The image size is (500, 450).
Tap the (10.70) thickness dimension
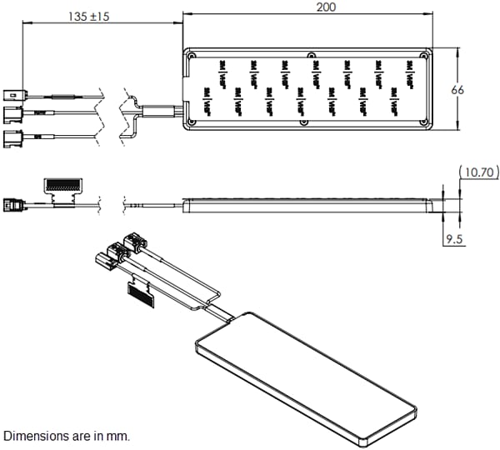click(477, 172)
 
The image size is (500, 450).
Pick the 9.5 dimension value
click(454, 239)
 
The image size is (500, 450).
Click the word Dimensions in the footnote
click(33, 436)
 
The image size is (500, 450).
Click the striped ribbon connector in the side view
click(65, 183)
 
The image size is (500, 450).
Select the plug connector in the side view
click(15, 203)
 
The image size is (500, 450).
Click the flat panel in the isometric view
click(304, 375)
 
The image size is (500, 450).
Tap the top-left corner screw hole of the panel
click(192, 57)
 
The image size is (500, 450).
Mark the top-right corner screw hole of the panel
click(423, 56)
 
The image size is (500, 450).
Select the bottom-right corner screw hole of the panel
click(423, 122)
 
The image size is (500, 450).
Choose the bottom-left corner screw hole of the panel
click(192, 122)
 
